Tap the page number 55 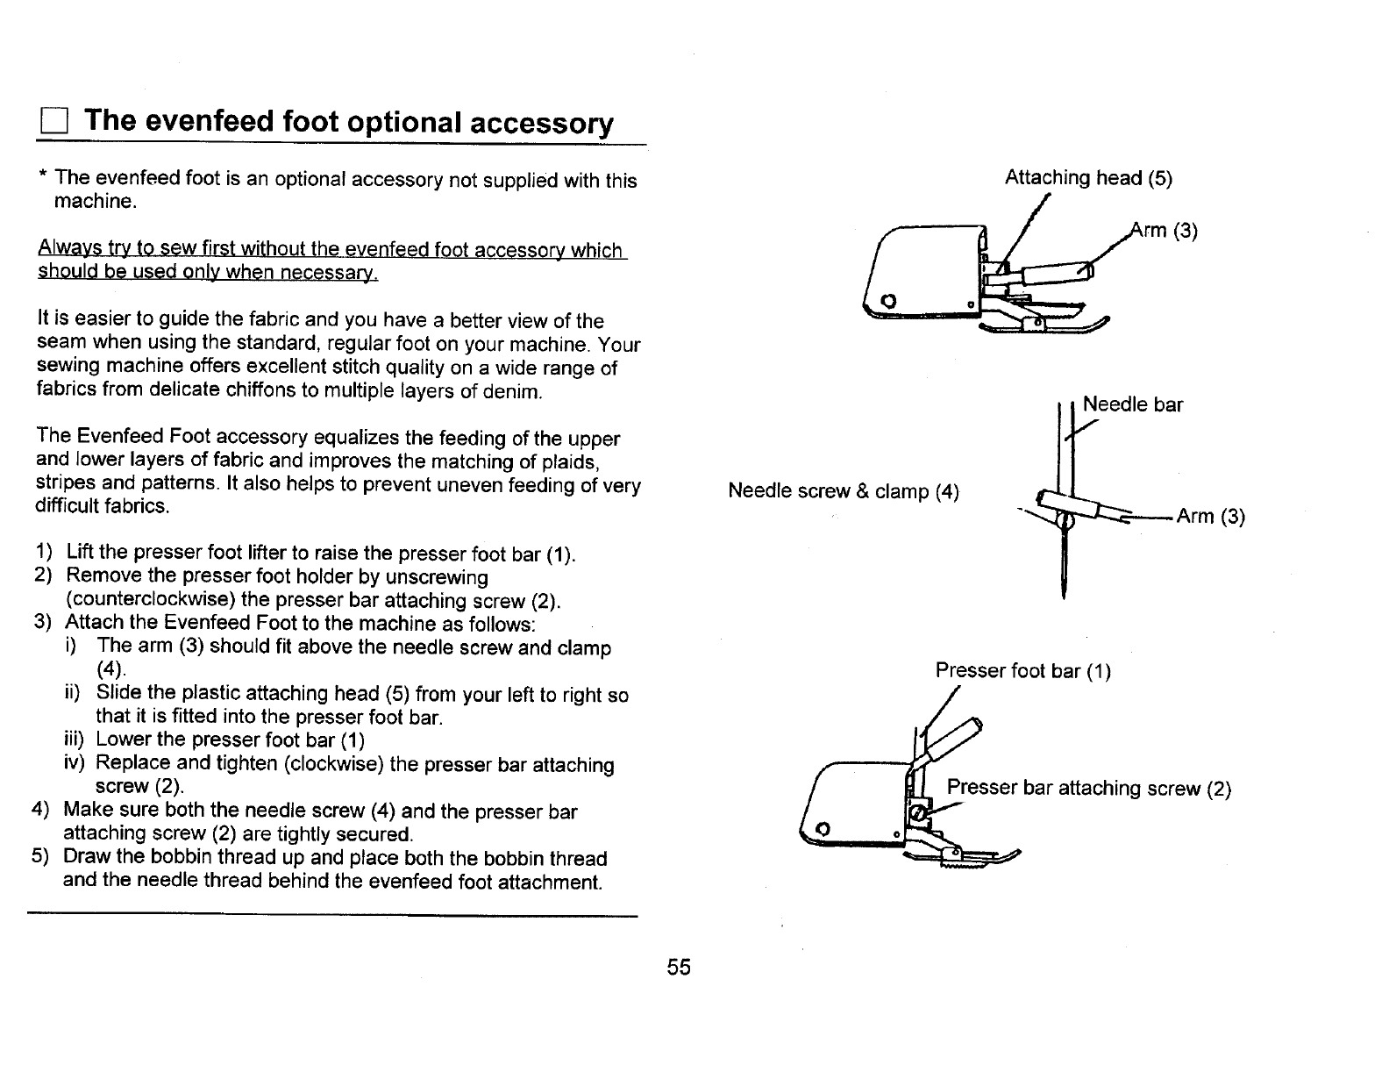[679, 968]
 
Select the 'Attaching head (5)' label [1087, 178]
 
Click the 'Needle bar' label [1132, 404]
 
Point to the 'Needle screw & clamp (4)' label [843, 491]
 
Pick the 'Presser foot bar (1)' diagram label [1022, 671]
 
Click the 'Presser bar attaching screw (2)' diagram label [1089, 788]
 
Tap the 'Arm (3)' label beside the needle [1210, 516]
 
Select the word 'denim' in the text [512, 391]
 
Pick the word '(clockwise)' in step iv [333, 763]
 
